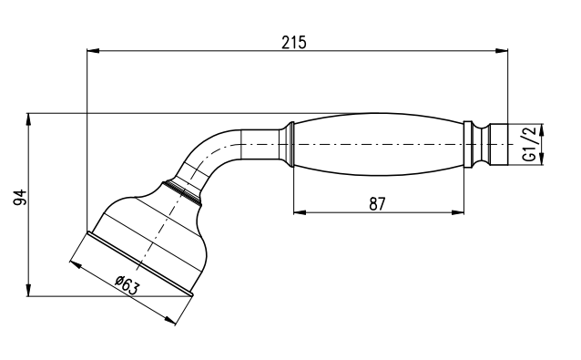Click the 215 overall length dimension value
click(294, 43)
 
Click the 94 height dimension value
click(20, 197)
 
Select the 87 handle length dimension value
click(378, 204)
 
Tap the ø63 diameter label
click(127, 285)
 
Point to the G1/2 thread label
click(530, 144)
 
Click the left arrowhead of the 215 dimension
click(93, 50)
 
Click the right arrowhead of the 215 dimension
click(502, 50)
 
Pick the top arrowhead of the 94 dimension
click(28, 119)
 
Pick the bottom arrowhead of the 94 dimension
click(28, 290)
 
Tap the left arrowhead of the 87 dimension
click(300, 212)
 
